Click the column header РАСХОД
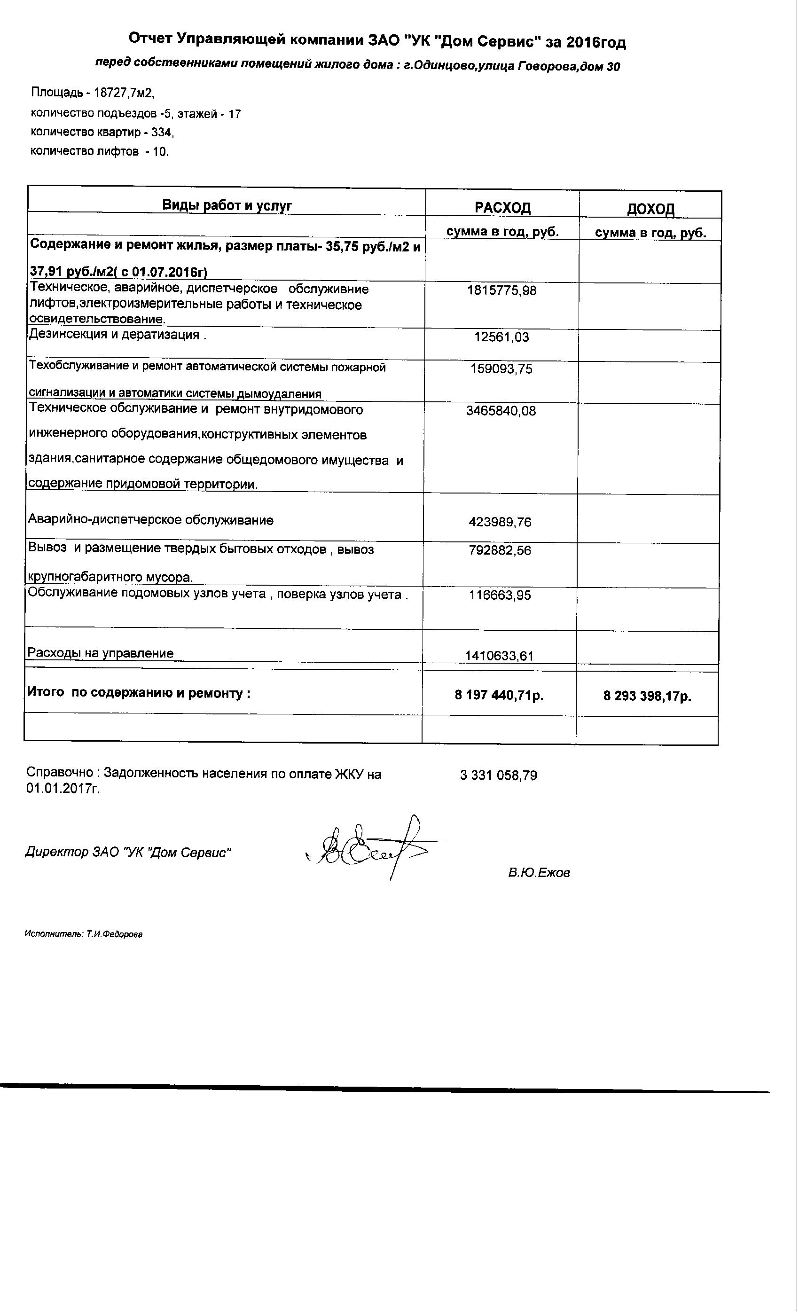click(502, 207)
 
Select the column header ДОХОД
click(650, 209)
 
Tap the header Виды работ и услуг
click(227, 205)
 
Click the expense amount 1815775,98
click(501, 290)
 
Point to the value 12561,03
click(501, 337)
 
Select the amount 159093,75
click(501, 369)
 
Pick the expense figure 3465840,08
click(501, 411)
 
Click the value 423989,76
click(500, 522)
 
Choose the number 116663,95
click(500, 595)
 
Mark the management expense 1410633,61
click(499, 655)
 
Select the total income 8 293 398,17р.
click(647, 696)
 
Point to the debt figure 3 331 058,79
click(498, 775)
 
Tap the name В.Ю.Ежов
click(539, 873)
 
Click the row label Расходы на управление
click(101, 653)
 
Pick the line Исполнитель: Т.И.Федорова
click(83, 934)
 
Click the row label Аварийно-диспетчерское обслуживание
click(150, 520)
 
